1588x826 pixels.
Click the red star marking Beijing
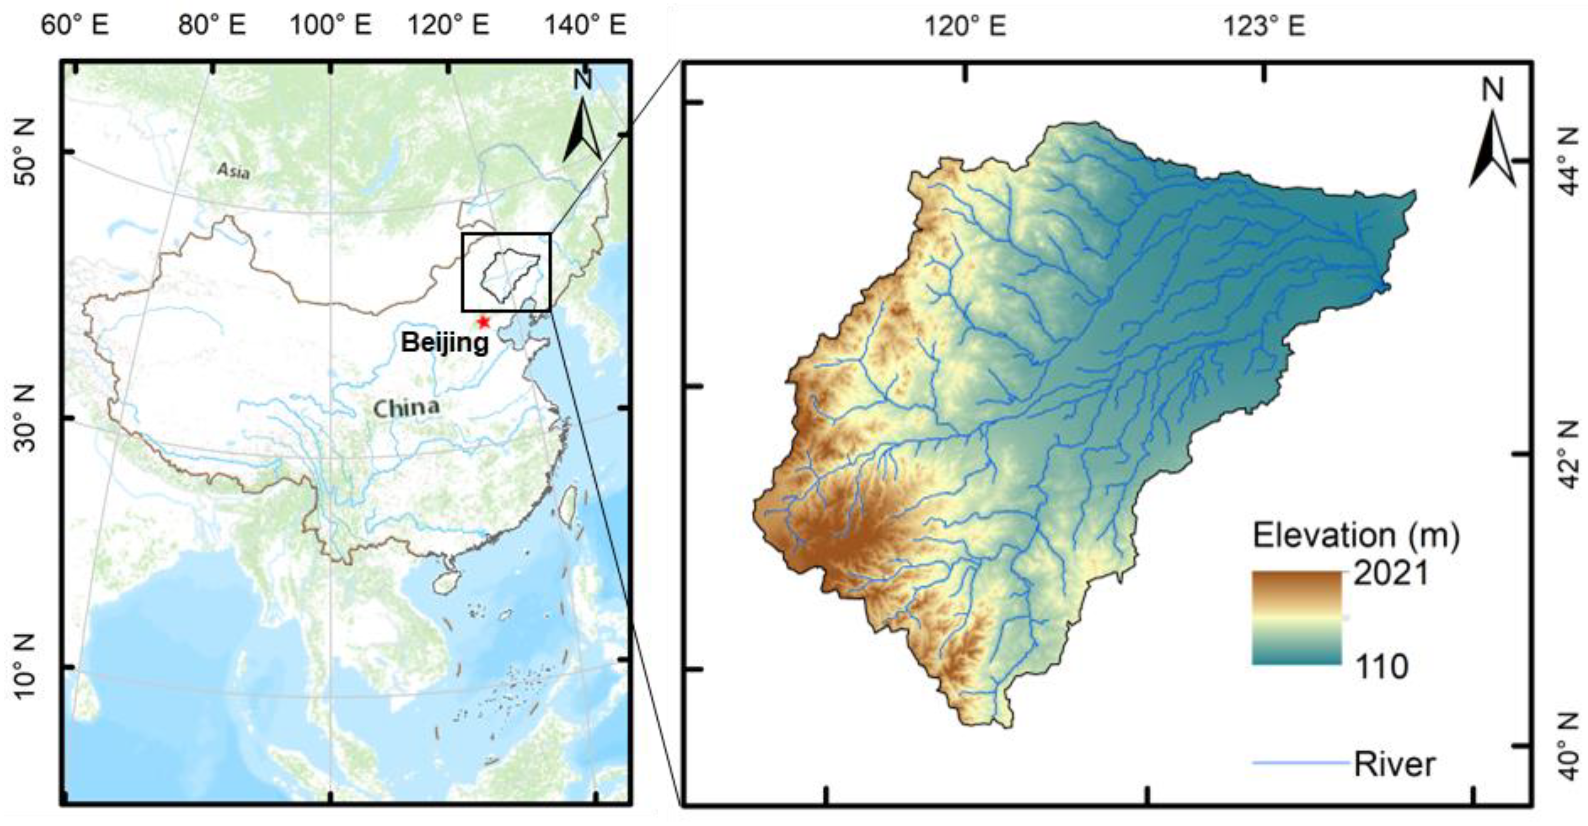point(483,322)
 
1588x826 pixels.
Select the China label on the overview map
point(406,408)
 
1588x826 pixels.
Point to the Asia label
point(234,171)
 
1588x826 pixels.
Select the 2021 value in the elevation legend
point(1391,574)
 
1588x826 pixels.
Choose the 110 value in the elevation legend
point(1381,666)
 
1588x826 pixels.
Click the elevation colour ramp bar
point(1297,618)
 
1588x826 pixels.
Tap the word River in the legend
point(1394,764)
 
